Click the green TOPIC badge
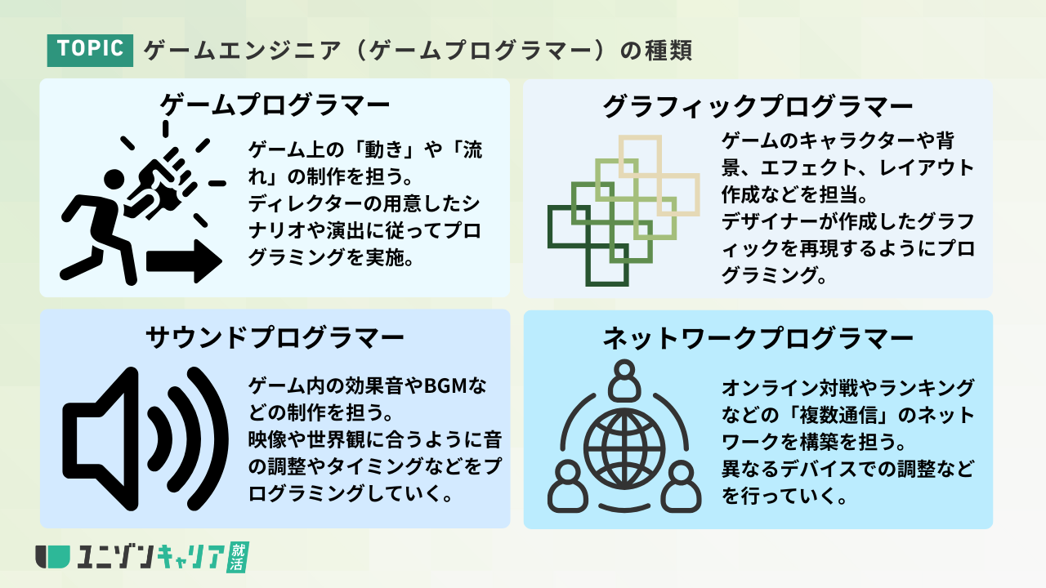tap(90, 50)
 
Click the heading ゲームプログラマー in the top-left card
tap(275, 105)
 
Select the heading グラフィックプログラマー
tap(758, 106)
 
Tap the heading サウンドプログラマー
tap(275, 337)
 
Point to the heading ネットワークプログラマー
tap(758, 338)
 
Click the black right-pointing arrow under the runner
tap(184, 261)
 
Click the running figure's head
tap(114, 180)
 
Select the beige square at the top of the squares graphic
tap(640, 156)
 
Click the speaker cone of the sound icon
tap(101, 439)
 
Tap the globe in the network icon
tap(624, 450)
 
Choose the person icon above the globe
tap(624, 381)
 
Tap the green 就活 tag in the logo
tap(238, 557)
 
